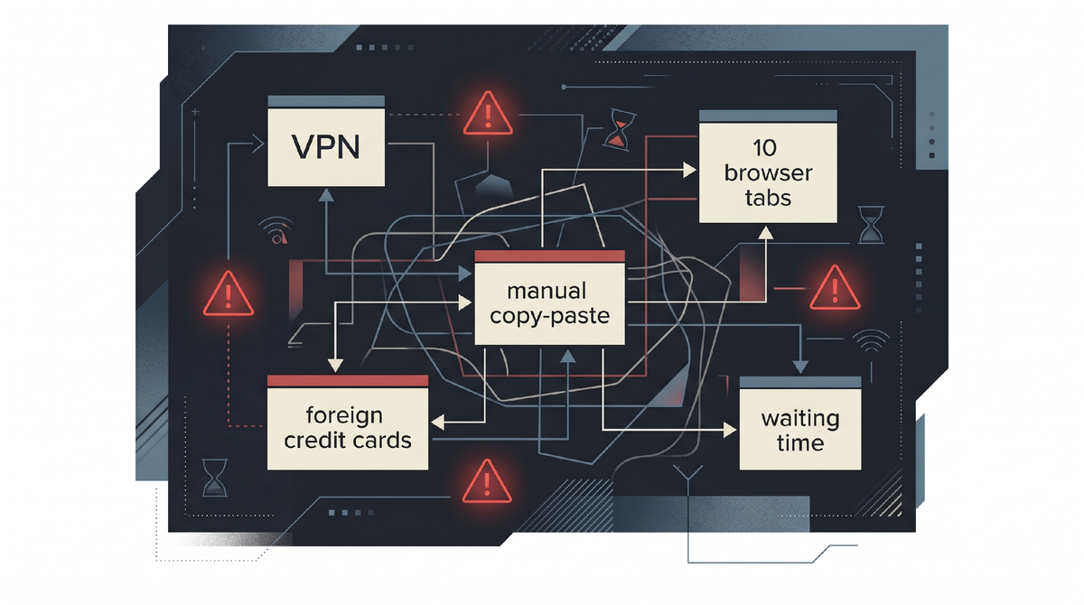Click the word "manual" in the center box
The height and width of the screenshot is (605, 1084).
547,292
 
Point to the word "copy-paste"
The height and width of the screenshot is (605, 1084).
547,316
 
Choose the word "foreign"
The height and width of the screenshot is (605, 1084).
345,416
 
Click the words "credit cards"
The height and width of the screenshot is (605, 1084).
348,441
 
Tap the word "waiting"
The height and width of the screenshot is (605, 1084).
799,419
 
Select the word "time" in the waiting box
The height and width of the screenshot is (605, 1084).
799,442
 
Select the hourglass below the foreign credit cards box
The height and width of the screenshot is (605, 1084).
215,478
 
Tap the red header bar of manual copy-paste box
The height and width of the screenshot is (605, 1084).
549,258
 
